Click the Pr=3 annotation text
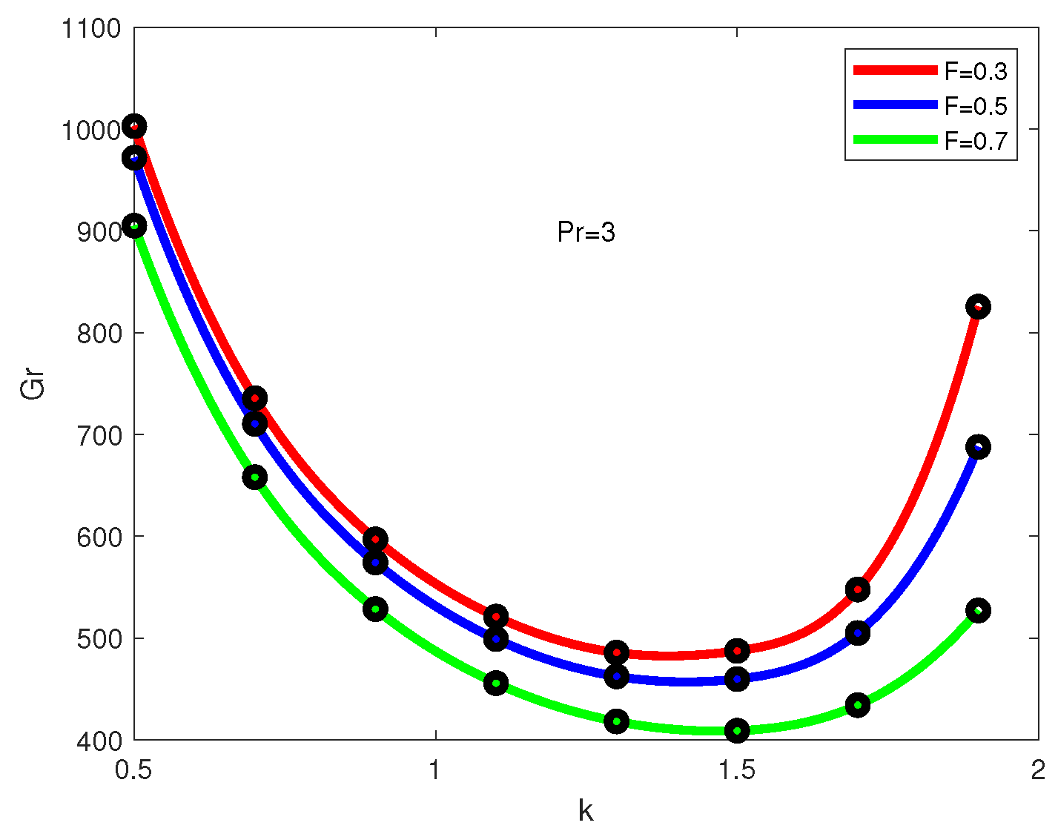[x=586, y=234]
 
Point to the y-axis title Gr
[x=33, y=384]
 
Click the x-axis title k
[x=586, y=811]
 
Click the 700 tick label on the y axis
[x=99, y=435]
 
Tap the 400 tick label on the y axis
[x=99, y=741]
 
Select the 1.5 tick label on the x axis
[x=737, y=771]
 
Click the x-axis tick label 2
[x=1038, y=771]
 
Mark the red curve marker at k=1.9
[x=978, y=307]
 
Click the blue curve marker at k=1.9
[x=978, y=447]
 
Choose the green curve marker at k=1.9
[x=978, y=610]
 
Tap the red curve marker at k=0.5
[x=134, y=126]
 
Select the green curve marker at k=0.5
[x=134, y=226]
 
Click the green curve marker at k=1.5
[x=737, y=730]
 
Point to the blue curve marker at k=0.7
[x=255, y=424]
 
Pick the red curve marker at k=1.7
[x=858, y=589]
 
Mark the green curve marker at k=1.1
[x=496, y=683]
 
